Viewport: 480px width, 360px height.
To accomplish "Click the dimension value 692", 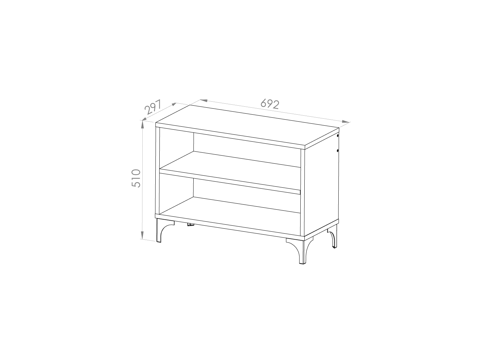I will click(269, 104).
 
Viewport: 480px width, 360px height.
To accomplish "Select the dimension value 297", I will click(153, 107).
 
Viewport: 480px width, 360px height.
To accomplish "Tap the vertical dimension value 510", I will click(136, 178).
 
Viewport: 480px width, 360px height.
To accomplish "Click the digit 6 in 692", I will click(263, 103).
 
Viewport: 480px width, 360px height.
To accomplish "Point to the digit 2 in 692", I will click(275, 105).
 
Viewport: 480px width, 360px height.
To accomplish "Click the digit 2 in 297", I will click(148, 110).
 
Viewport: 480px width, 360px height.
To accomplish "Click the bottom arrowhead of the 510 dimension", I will click(142, 235).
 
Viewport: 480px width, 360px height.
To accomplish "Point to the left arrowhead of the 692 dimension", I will click(204, 100).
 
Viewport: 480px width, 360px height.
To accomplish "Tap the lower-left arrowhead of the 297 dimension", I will click(144, 118).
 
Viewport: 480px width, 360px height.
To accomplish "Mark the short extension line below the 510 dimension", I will click(148, 240).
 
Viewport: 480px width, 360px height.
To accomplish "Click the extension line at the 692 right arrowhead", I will click(345, 125).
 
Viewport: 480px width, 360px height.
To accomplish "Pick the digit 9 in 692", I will click(269, 104).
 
